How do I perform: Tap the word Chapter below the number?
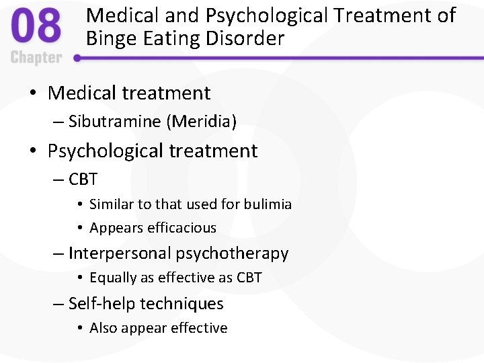(36, 57)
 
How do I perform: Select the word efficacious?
(180, 228)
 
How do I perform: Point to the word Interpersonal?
(120, 253)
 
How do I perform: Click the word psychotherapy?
(232, 253)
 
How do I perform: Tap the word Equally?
(114, 278)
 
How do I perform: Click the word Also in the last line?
(104, 328)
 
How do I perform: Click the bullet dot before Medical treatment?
(34, 93)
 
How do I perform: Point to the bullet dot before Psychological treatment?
(34, 151)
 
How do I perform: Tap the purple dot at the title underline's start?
(77, 58)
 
